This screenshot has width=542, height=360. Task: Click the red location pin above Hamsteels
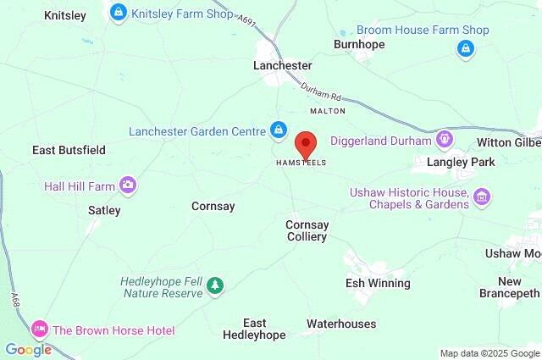(x=305, y=142)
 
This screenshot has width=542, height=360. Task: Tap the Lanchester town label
(x=283, y=65)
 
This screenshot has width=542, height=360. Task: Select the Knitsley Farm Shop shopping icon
(x=119, y=13)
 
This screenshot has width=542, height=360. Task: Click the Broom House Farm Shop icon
(x=464, y=49)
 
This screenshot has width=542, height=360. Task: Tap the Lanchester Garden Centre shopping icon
(x=277, y=130)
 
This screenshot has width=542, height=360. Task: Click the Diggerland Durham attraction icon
(x=443, y=139)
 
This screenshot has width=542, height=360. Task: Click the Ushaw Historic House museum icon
(x=482, y=197)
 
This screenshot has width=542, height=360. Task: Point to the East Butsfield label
(x=69, y=150)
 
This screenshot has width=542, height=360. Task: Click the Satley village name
(x=104, y=210)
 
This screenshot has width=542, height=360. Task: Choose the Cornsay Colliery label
(x=306, y=230)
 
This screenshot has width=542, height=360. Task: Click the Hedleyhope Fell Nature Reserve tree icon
(x=216, y=285)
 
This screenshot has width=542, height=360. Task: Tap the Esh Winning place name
(x=378, y=283)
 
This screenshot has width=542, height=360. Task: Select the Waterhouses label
(x=341, y=324)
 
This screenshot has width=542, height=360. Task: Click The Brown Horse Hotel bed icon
(x=39, y=330)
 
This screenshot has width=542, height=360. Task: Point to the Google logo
(x=28, y=349)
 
